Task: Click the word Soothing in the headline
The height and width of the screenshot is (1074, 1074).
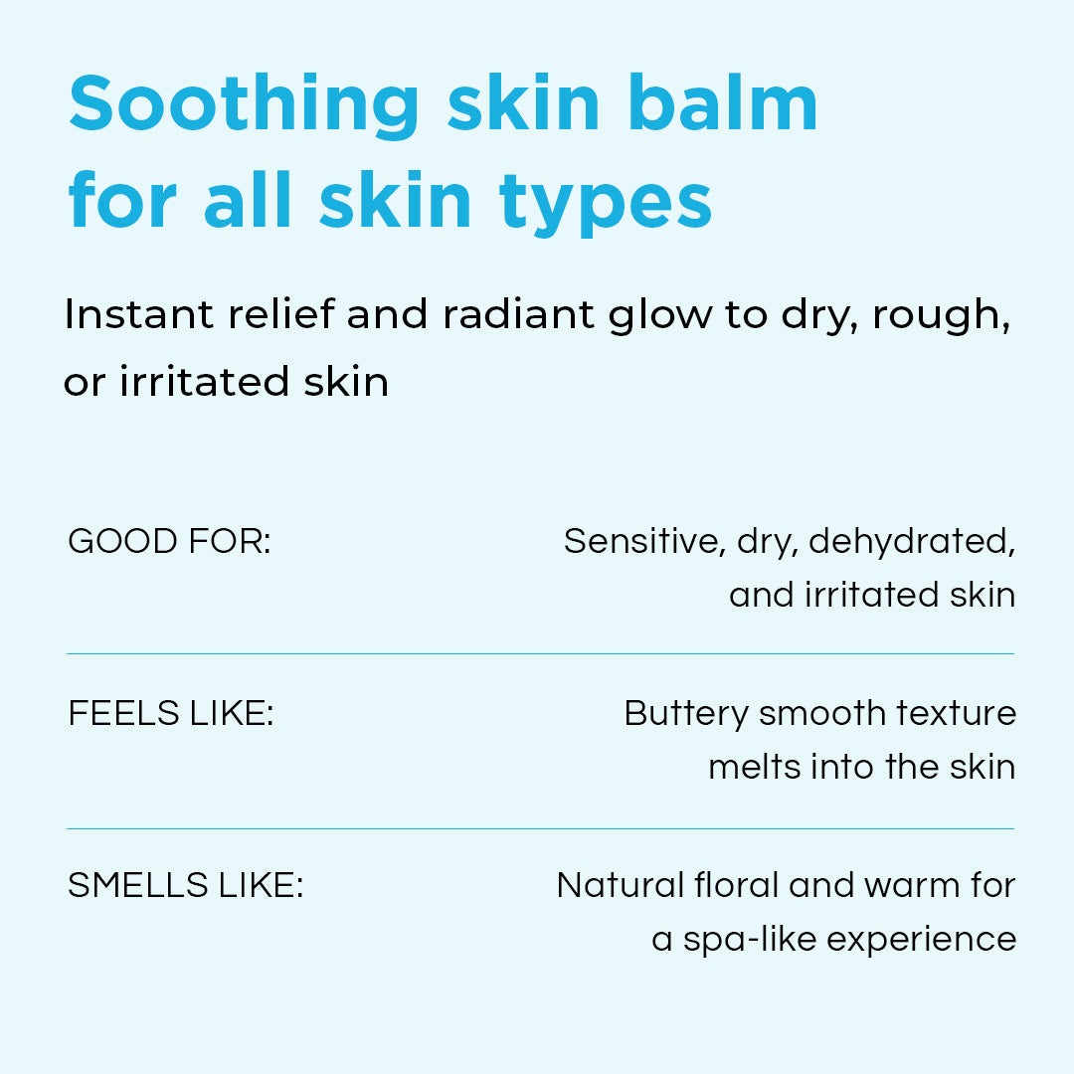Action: point(244,103)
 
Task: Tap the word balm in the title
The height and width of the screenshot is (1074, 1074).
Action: point(723,100)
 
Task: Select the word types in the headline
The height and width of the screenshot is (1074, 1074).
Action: point(606,204)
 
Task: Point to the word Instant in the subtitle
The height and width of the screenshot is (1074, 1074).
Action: point(139,314)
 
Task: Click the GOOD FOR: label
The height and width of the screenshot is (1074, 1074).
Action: point(170,541)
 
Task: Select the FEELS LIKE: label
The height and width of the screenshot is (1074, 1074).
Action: point(171,713)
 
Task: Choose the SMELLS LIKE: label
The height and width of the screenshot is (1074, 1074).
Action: point(186,885)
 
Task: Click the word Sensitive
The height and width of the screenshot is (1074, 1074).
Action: point(643,542)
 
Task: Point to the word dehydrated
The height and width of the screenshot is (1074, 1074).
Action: point(912,542)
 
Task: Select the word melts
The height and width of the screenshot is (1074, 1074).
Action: point(754,767)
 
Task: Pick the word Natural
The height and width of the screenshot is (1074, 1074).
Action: point(621,885)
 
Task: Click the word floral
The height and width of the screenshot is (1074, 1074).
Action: point(736,885)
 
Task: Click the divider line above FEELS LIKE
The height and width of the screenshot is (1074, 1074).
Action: point(540,654)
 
